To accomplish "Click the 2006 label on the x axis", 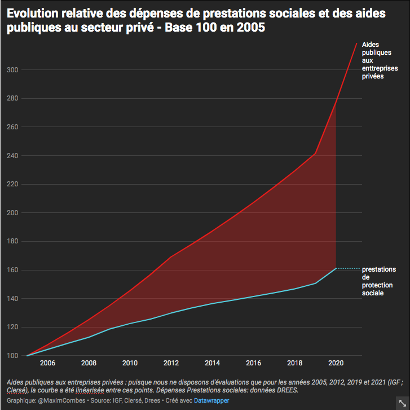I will pyautogui.click(x=47, y=363).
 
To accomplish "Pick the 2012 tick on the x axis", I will pyautogui.click(x=171, y=363).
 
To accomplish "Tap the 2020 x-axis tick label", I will pyautogui.click(x=336, y=363).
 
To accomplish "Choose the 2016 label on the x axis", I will pyautogui.click(x=254, y=363).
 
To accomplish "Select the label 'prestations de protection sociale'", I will pyautogui.click(x=378, y=281).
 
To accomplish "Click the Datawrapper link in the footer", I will pyautogui.click(x=211, y=400).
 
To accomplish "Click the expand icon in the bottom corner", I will pyautogui.click(x=402, y=401).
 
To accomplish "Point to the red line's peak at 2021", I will pyautogui.click(x=356, y=42).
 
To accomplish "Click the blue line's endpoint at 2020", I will pyautogui.click(x=336, y=268).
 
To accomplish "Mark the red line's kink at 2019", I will pyautogui.click(x=315, y=153).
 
